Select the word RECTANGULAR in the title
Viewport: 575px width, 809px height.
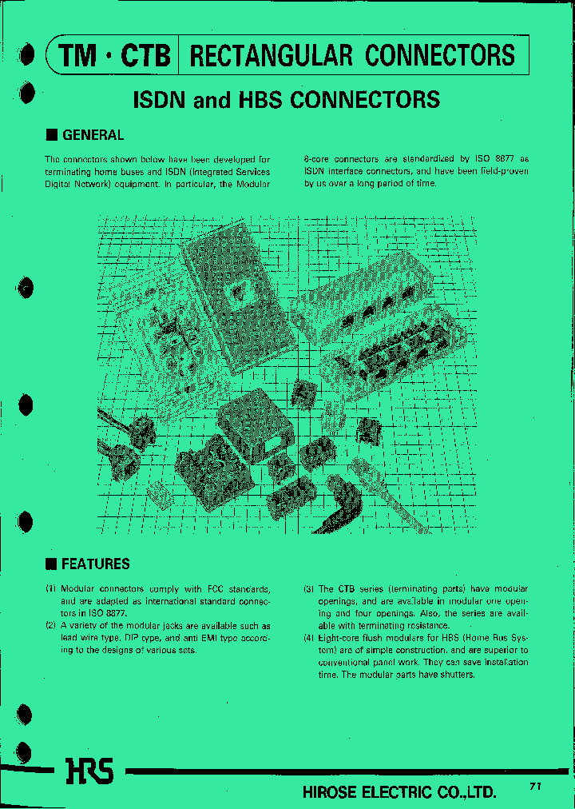tap(272, 55)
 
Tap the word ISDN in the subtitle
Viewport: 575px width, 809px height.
tap(160, 99)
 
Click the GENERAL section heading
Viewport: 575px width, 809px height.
tap(93, 135)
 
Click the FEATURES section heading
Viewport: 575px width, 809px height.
tap(95, 564)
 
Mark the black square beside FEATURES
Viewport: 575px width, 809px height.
tap(50, 564)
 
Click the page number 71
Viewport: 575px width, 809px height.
tap(534, 787)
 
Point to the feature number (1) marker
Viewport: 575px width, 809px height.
tap(50, 589)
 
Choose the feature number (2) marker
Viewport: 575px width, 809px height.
tap(50, 626)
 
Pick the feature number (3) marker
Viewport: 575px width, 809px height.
tap(308, 589)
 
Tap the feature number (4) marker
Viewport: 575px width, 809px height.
tap(308, 638)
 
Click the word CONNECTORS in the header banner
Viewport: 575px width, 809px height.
tap(440, 55)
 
